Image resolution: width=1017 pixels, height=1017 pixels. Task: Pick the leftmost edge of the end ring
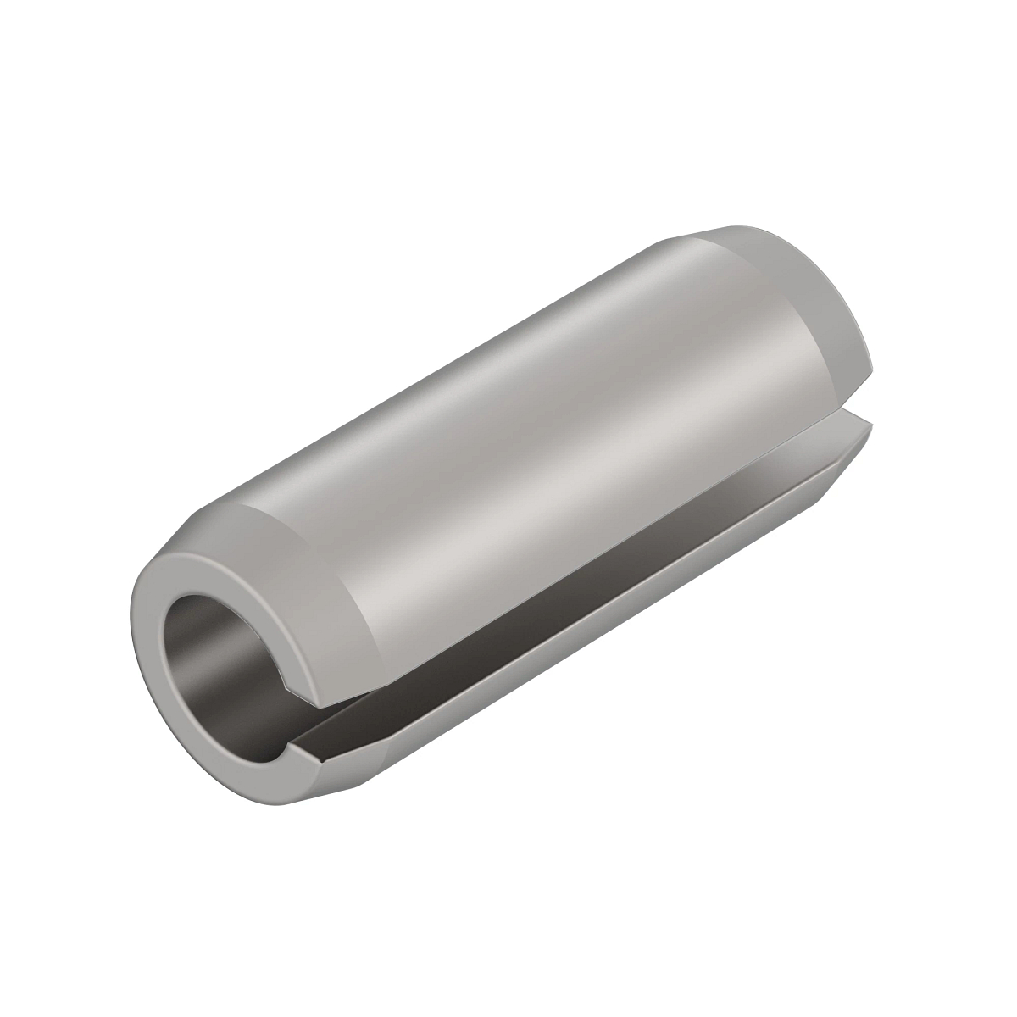(134, 644)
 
